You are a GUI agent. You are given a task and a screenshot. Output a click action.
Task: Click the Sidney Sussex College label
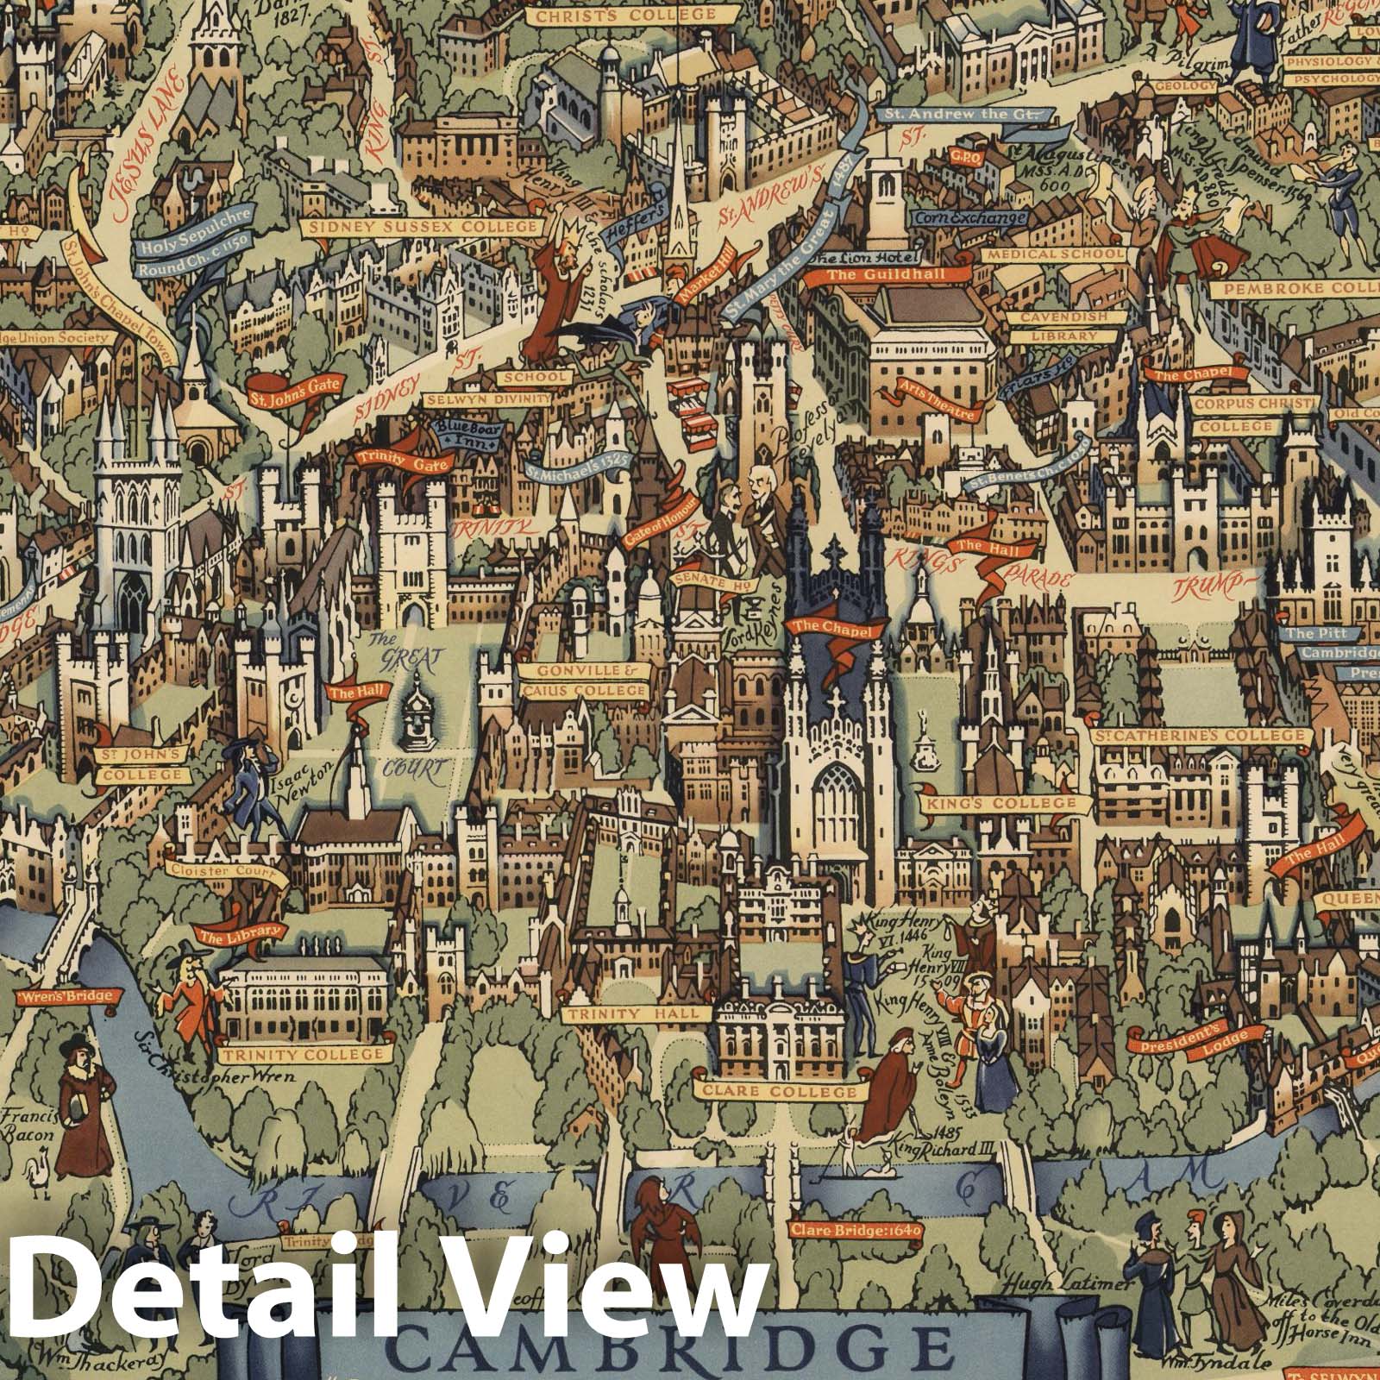tap(423, 228)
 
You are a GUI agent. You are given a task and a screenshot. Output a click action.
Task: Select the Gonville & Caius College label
tap(591, 681)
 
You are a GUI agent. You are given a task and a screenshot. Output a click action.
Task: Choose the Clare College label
tap(786, 1092)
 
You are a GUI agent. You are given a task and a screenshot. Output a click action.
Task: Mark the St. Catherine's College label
tap(1200, 736)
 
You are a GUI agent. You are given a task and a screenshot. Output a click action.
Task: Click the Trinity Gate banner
tap(399, 461)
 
